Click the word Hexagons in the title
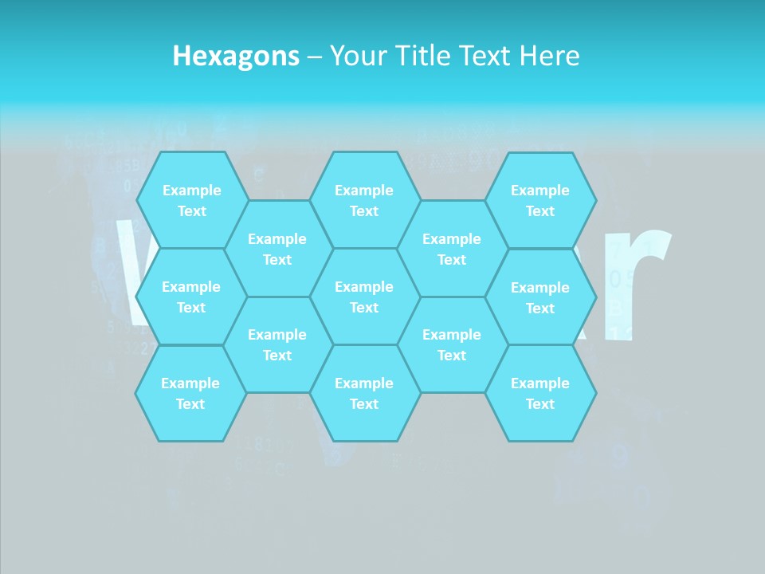coord(236,56)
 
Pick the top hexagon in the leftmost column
coord(191,200)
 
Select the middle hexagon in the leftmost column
coord(191,297)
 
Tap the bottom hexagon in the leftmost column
coord(190,393)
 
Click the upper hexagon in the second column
coord(277,249)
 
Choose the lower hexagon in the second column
coord(277,344)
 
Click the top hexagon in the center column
coord(364,200)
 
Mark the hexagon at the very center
coord(364,297)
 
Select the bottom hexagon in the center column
coord(364,393)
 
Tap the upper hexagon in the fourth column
coord(452,249)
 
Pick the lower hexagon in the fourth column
coord(452,344)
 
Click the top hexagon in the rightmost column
coord(540,200)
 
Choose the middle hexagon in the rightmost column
coord(540,297)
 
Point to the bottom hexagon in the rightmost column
coord(540,393)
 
